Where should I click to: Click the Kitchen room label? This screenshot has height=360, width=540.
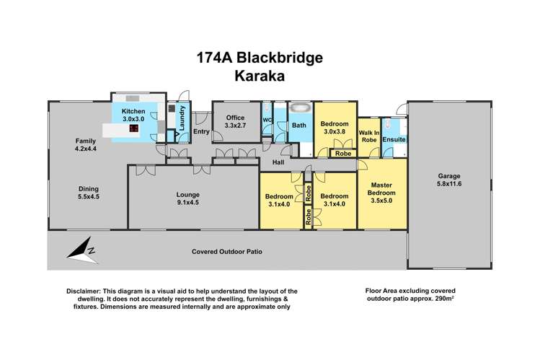(x=134, y=111)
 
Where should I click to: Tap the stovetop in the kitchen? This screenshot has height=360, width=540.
(x=135, y=128)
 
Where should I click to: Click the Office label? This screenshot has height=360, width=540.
(x=235, y=118)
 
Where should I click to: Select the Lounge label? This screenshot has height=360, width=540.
(x=188, y=195)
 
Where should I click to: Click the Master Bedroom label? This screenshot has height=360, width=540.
(x=382, y=188)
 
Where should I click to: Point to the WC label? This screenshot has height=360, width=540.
(x=267, y=119)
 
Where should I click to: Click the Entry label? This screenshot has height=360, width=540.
(x=201, y=131)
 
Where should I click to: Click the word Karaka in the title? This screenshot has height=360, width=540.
(x=270, y=76)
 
